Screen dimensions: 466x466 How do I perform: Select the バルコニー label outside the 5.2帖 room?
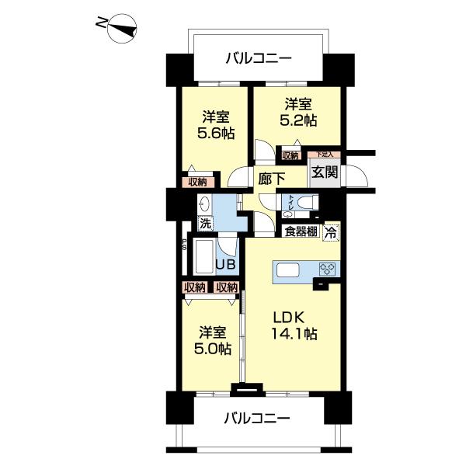pos(259,57)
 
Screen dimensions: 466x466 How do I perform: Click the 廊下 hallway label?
pos(270,177)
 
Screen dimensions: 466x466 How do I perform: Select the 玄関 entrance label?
pos(324,172)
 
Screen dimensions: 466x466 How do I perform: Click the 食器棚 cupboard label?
pos(299,231)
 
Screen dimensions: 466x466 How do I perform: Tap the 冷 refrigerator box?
pos(332,231)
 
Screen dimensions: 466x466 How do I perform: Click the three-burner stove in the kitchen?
pos(326,270)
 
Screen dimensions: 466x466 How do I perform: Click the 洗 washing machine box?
pos(205,224)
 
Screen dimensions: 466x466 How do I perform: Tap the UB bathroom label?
pos(224,264)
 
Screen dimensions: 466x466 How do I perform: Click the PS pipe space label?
pos(184,244)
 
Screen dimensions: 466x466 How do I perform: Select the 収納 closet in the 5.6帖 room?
pos(197,182)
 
